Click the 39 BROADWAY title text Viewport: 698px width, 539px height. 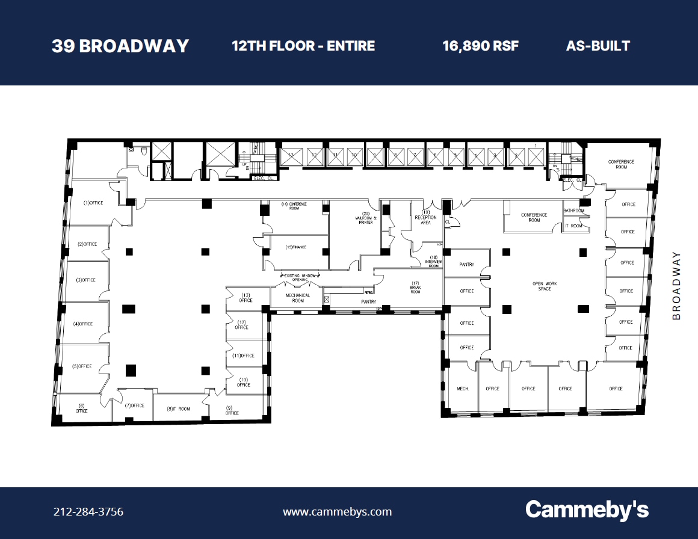[120, 46]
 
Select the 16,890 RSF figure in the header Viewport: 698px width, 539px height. [480, 46]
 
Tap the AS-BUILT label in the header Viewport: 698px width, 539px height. [598, 46]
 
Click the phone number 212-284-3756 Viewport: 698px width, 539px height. [88, 512]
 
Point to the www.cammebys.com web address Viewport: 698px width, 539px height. [337, 512]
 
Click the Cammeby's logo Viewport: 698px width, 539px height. [587, 510]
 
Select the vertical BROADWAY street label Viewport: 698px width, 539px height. [676, 285]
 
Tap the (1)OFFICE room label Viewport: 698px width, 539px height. [93, 203]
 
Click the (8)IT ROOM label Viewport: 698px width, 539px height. [178, 409]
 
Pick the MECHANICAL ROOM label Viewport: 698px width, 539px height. [298, 298]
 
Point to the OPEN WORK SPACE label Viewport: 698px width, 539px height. [545, 286]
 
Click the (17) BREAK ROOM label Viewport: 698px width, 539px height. [415, 287]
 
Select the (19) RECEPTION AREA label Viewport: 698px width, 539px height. [425, 217]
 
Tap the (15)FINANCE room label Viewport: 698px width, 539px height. [296, 247]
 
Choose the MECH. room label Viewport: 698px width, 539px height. [463, 389]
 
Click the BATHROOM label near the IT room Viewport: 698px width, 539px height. [573, 211]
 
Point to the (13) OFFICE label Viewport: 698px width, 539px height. [246, 297]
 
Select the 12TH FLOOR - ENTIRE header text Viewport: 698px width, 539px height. [303, 46]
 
